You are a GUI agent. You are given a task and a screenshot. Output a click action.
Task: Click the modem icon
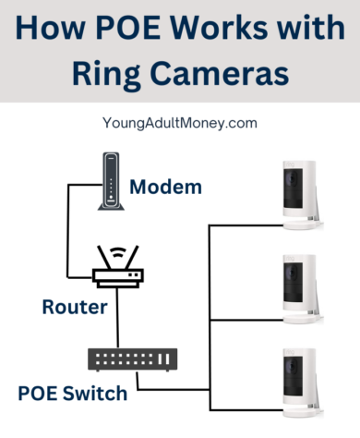point(110,180)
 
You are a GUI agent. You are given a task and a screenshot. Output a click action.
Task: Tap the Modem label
point(166,187)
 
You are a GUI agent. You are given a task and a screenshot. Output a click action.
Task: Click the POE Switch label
point(73,394)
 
